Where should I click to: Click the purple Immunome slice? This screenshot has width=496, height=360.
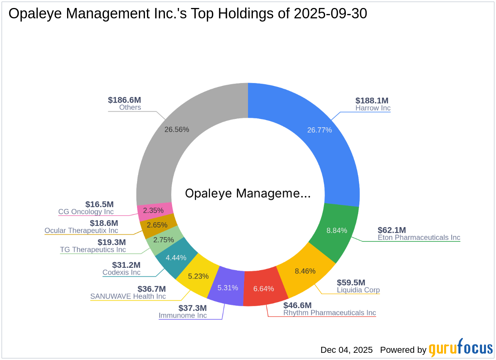pyautogui.click(x=228, y=287)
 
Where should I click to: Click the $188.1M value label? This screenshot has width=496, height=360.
pyautogui.click(x=372, y=101)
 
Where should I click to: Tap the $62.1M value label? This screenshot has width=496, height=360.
pyautogui.click(x=392, y=230)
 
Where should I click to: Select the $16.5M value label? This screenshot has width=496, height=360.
pyautogui.click(x=99, y=204)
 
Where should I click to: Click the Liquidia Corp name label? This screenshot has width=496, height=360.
pyautogui.click(x=358, y=290)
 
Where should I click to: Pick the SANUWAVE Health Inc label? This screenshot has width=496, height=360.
pyautogui.click(x=128, y=297)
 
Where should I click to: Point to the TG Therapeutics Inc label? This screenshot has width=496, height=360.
pyautogui.click(x=93, y=250)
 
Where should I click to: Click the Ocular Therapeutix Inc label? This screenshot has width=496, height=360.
pyautogui.click(x=81, y=231)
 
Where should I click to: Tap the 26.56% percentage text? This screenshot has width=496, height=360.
pyautogui.click(x=177, y=129)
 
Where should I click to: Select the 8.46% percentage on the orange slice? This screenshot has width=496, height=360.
pyautogui.click(x=305, y=271)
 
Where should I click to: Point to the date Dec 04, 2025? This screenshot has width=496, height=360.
pyautogui.click(x=346, y=350)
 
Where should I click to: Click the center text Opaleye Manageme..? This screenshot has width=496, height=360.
pyautogui.click(x=248, y=194)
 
